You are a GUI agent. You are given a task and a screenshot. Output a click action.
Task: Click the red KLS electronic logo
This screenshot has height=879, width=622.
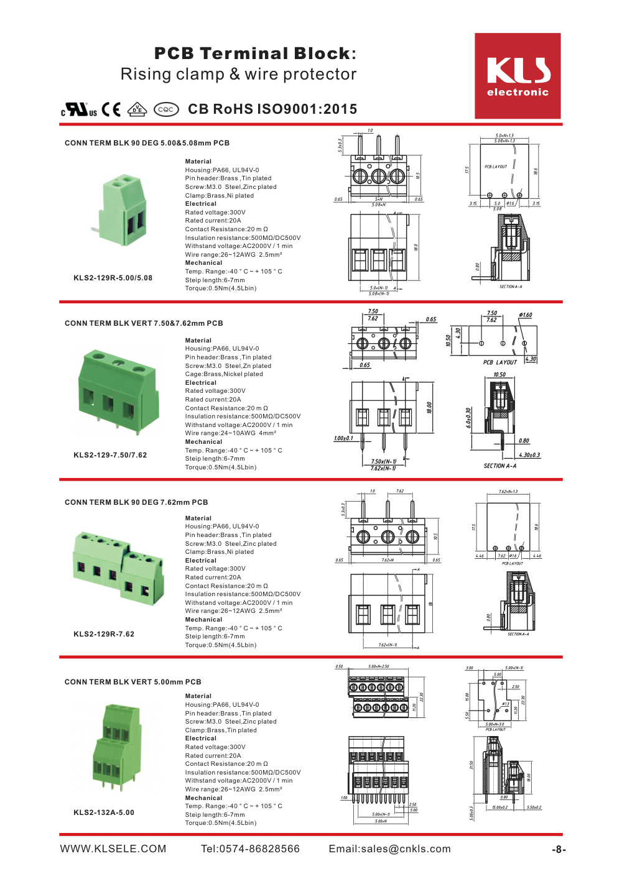tap(518, 76)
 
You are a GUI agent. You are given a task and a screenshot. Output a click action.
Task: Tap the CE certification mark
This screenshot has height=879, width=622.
tap(111, 109)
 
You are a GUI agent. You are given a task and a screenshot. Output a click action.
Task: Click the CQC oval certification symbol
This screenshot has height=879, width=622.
tap(166, 109)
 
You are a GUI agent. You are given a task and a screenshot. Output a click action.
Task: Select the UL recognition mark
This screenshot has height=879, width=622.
tap(80, 110)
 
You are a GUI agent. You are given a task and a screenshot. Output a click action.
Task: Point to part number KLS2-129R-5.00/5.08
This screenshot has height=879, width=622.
tap(113, 278)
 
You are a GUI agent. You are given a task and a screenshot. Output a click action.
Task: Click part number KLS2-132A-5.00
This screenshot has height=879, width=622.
tap(104, 812)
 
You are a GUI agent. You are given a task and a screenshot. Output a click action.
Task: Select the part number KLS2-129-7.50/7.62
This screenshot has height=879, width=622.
tap(110, 455)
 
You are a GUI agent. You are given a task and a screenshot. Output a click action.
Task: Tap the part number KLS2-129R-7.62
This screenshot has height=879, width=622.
tap(104, 634)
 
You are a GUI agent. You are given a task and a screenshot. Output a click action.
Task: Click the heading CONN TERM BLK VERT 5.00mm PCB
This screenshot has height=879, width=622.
tap(133, 682)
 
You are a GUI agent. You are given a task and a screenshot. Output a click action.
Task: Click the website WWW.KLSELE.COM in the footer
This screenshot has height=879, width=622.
tap(113, 849)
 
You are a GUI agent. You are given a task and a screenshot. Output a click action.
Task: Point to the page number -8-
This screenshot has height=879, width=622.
tap(559, 850)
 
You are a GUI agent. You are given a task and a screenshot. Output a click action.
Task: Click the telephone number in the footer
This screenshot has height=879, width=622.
tap(250, 849)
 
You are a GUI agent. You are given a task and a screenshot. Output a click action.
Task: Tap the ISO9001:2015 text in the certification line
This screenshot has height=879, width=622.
tap(307, 109)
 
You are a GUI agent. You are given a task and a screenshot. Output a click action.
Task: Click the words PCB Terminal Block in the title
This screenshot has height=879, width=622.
tap(252, 53)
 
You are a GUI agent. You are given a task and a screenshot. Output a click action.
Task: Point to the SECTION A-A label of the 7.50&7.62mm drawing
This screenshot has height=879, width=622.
tap(499, 466)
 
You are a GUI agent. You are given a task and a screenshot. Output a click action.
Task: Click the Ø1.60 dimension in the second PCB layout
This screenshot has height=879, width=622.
tap(525, 315)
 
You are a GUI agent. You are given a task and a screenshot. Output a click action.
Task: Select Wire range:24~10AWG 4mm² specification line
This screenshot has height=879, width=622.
tap(231, 433)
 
